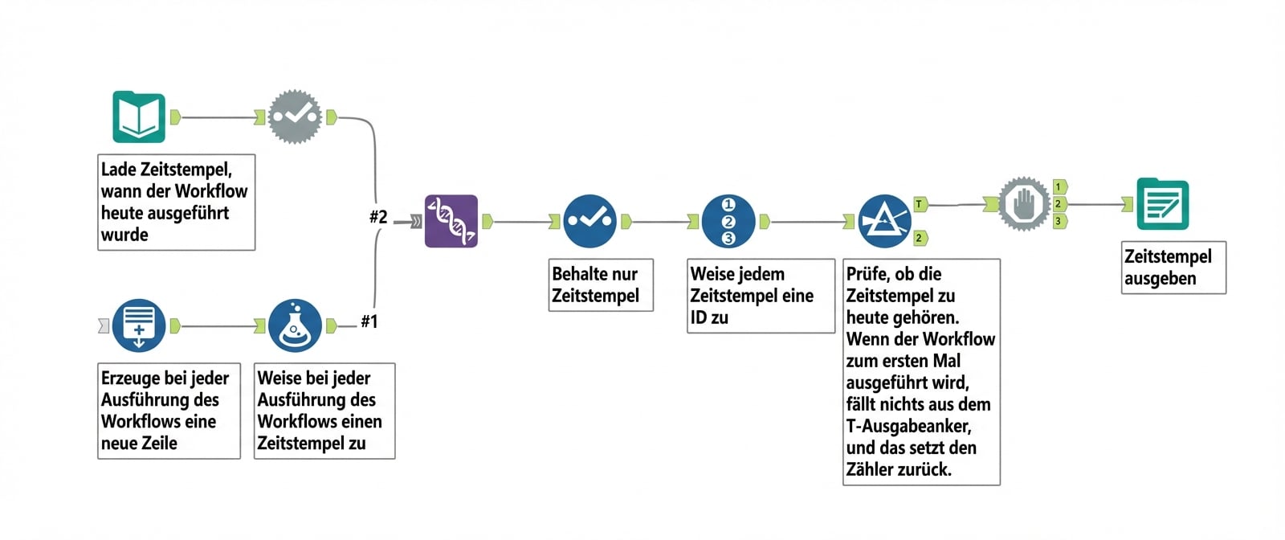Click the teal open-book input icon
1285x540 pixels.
coord(139,117)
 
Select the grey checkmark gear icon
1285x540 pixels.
coord(295,117)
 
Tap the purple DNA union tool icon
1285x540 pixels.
coord(451,220)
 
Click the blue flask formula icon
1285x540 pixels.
coord(295,325)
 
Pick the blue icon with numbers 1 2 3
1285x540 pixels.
coord(728,221)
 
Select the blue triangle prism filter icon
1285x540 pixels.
coord(884,221)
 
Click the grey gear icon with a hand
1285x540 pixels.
coord(1023,204)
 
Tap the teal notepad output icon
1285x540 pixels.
coord(1162,204)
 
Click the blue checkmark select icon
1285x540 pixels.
coord(589,220)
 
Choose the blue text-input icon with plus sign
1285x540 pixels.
coord(139,325)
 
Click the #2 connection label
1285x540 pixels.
coord(378,217)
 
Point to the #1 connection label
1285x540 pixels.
coord(369,321)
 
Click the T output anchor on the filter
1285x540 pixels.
coord(920,204)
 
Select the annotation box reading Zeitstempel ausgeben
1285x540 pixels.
coord(1173,268)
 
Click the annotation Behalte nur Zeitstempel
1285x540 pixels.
coord(600,284)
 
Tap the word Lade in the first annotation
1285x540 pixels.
coord(119,170)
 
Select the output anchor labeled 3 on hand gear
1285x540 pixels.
coord(1059,221)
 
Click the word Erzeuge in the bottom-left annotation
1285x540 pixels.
coord(131,378)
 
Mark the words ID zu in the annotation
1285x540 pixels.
coord(709,317)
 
